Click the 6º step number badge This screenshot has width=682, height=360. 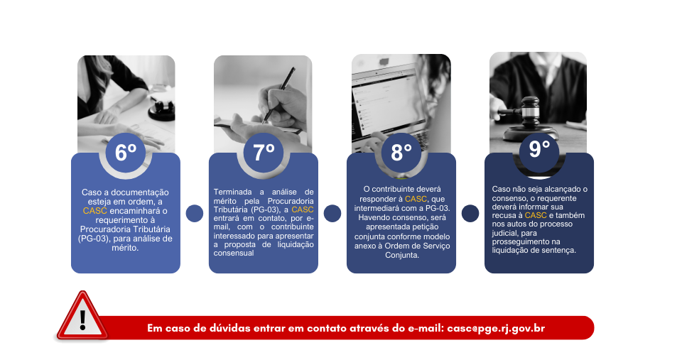tap(126, 153)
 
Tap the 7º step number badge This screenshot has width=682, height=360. tap(264, 153)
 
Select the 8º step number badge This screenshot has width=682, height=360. tap(401, 153)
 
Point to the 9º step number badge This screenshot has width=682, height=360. tap(539, 151)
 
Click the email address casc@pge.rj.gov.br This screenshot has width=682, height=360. tap(496, 328)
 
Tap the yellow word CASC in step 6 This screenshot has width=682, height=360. tap(94, 211)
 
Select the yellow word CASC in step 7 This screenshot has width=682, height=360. tap(303, 209)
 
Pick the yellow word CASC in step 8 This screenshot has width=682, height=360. tap(416, 199)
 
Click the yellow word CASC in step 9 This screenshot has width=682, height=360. tap(536, 215)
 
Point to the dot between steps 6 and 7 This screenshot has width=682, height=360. tap(195, 214)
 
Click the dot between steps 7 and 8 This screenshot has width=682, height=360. tap(332, 214)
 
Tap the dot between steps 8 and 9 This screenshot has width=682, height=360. tap(470, 214)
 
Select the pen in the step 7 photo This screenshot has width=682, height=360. tap(278, 94)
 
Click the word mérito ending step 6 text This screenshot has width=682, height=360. tap(125, 248)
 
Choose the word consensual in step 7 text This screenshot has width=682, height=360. tap(234, 253)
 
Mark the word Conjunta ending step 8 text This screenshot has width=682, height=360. tap(402, 255)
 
